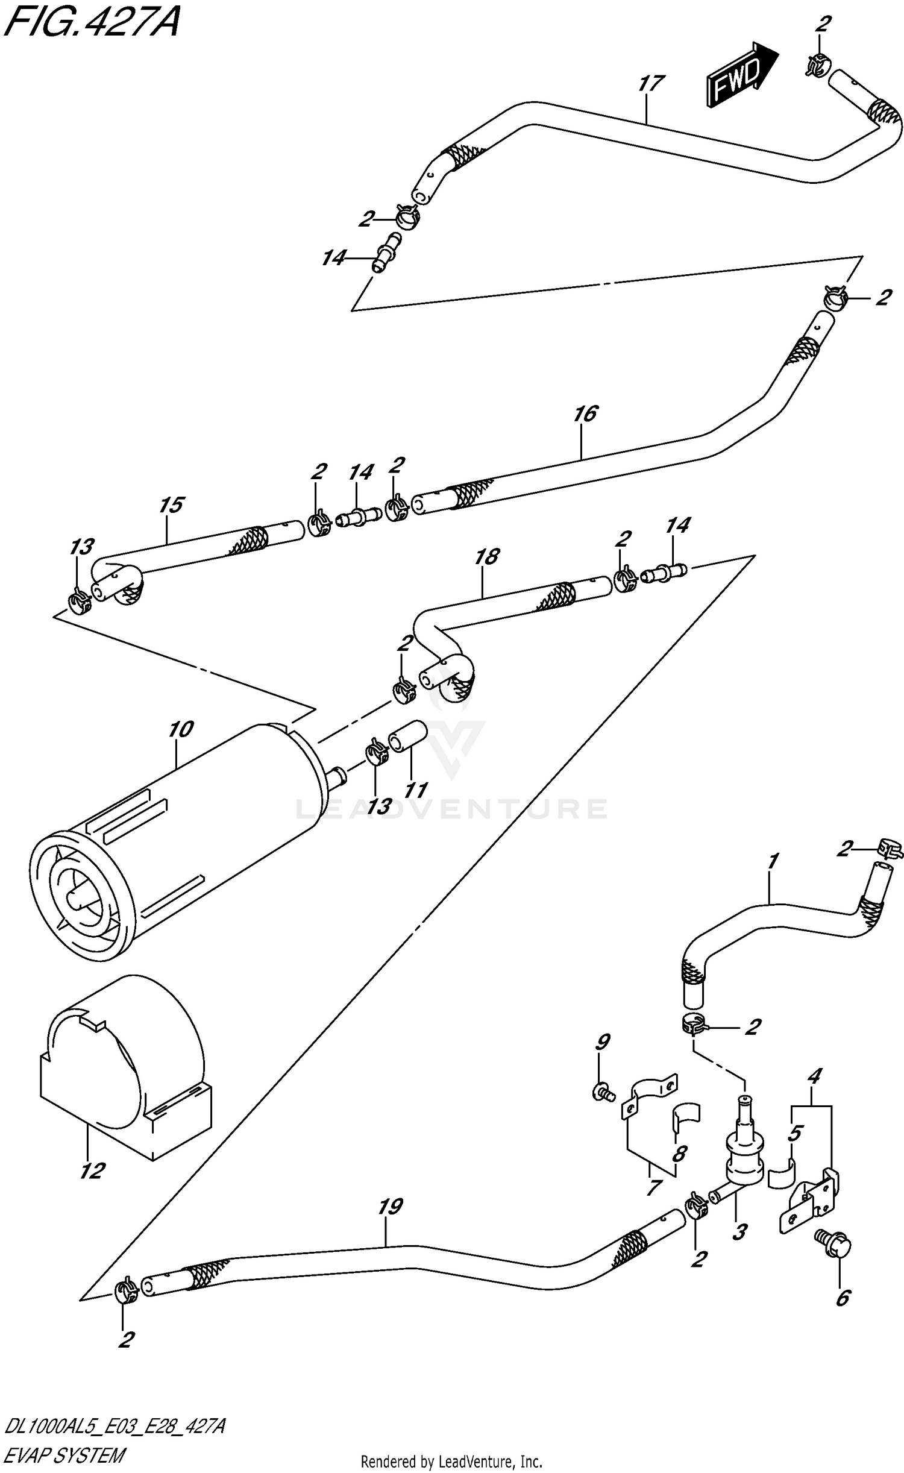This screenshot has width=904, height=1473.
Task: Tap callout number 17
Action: point(650,84)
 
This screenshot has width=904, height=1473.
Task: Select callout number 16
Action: point(585,415)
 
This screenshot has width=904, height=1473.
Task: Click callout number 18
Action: point(486,556)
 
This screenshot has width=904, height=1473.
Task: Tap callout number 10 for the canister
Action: point(180,730)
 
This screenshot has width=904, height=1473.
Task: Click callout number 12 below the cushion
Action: point(92,1171)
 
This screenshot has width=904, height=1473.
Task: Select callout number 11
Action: point(416,790)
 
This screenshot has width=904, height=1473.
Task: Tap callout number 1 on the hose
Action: point(773,862)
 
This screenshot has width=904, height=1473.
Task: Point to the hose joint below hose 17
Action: point(385,252)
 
